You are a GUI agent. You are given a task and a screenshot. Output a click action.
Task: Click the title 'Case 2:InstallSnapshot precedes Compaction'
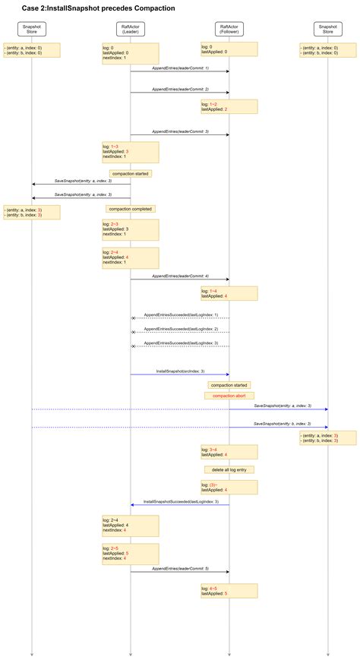coord(98,8)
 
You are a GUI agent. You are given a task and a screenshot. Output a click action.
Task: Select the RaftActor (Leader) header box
coord(130,29)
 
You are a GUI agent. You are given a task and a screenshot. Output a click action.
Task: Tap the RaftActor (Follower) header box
coord(229,29)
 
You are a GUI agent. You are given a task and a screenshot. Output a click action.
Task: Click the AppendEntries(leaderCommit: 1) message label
coord(180,68)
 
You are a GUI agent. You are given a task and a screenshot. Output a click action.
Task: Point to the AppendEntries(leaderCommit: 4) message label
coord(180,276)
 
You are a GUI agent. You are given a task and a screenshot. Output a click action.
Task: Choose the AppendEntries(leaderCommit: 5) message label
coord(180,568)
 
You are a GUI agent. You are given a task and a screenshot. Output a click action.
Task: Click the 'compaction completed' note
coord(131,208)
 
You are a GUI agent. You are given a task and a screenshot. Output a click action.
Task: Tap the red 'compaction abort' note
coord(229,396)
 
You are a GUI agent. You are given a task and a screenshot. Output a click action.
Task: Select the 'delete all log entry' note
coord(229,469)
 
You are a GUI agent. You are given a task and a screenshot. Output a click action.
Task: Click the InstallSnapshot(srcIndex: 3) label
coord(180,371)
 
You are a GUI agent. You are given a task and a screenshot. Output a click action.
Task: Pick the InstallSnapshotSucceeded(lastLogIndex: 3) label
coord(181,501)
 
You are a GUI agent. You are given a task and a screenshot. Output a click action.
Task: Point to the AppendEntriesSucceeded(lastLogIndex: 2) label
coord(181,329)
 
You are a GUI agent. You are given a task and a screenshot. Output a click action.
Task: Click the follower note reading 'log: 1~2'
coord(229,106)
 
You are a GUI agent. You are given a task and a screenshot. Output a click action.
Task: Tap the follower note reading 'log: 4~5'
coord(229,590)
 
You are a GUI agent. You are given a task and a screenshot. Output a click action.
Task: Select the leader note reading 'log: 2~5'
coord(130,552)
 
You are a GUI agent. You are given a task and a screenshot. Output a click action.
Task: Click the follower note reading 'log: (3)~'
coord(229,487)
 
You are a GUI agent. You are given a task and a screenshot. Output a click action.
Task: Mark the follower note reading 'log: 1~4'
coord(229,293)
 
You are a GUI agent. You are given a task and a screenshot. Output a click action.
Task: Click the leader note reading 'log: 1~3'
coord(130,152)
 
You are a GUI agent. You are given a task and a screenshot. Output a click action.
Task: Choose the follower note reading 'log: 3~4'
coord(229,451)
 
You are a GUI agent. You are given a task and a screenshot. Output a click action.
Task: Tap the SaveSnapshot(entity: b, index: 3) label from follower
coord(282,423)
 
